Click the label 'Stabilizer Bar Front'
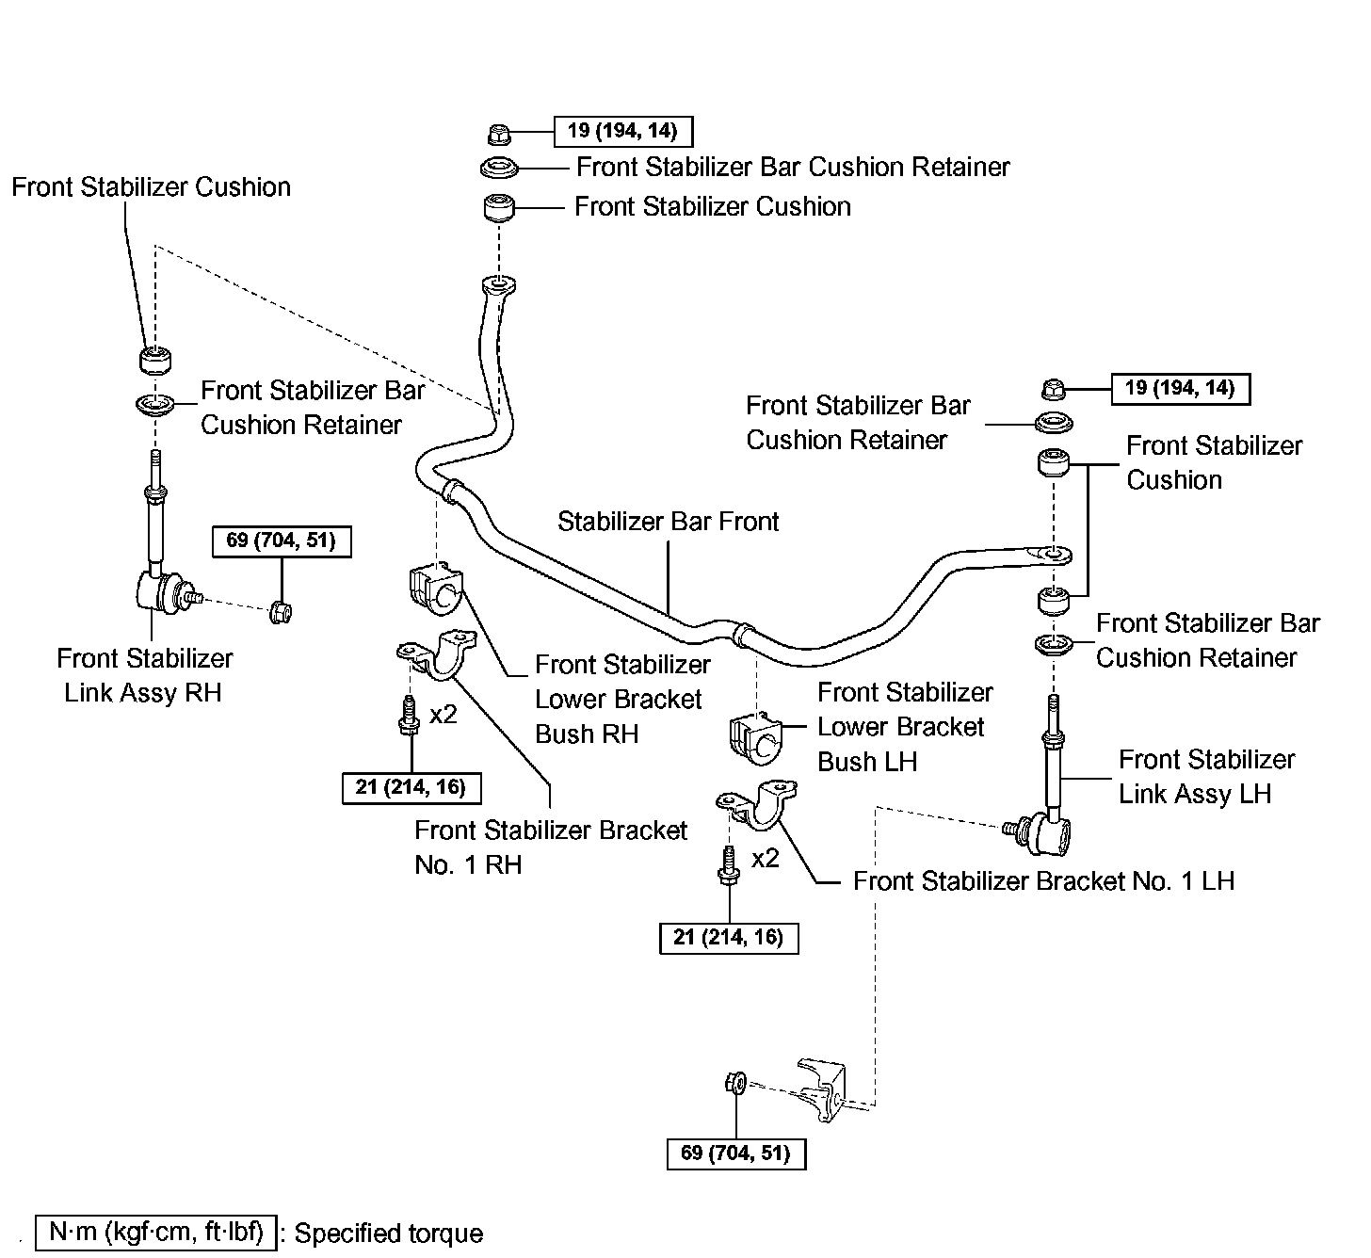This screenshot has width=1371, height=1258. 668,522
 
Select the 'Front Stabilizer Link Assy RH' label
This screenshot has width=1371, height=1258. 144,675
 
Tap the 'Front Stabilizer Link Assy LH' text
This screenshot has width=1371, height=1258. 1205,776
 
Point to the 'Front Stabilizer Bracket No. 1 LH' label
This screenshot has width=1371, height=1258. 1042,881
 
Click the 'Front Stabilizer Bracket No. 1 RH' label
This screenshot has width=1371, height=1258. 550,847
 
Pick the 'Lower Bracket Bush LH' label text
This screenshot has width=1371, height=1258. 904,727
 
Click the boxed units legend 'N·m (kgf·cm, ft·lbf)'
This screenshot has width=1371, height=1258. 156,1232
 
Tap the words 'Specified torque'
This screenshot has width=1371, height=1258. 388,1234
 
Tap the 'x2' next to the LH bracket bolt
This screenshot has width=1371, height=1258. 766,858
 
